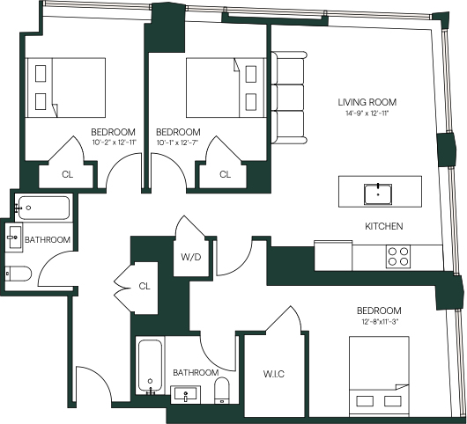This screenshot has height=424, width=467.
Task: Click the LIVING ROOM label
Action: click(367, 102)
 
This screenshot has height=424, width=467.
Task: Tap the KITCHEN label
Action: click(384, 226)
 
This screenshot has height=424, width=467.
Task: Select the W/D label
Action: click(191, 257)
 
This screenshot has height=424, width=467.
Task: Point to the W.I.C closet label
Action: click(274, 374)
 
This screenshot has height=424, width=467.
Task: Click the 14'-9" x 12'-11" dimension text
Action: click(367, 113)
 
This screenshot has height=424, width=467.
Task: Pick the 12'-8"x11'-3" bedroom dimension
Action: click(380, 321)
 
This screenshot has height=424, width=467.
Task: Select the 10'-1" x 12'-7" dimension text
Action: click(177, 143)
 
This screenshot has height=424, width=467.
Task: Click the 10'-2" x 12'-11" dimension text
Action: click(114, 143)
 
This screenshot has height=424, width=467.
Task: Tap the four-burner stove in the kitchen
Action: click(398, 257)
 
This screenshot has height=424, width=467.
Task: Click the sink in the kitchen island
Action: click(378, 194)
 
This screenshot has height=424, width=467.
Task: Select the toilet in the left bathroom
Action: click(19, 274)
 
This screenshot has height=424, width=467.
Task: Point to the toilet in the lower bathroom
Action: click(221, 391)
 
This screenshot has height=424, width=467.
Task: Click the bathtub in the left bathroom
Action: click(42, 208)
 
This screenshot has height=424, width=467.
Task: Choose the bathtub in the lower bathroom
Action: click(151, 367)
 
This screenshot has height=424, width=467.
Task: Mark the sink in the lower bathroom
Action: click(186, 395)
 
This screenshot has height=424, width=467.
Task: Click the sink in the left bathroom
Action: click(14, 238)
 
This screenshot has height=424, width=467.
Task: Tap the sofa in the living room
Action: click(289, 98)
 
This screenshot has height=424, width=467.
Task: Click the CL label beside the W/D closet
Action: click(145, 286)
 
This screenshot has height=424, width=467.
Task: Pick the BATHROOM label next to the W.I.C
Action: click(196, 372)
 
